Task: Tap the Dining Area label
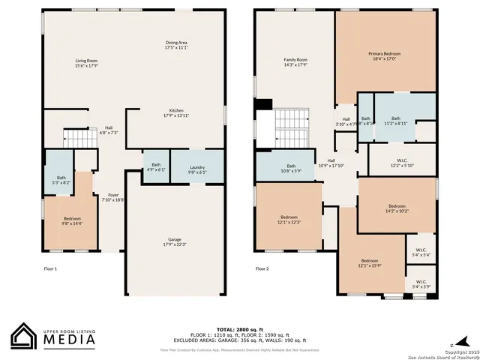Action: coord(176,45)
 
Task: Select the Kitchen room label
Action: coord(176,113)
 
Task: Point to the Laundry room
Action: coord(197,169)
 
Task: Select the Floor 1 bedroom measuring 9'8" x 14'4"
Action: coord(71,220)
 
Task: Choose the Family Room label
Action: coord(295,62)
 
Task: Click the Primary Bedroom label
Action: coord(384,56)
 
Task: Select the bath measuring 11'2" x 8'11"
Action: coord(395,121)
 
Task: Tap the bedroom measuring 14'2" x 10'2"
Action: coord(397,208)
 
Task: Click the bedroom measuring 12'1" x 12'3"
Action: coord(289,220)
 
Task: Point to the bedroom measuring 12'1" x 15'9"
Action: coord(370,263)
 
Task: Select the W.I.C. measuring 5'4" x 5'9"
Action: coord(421,286)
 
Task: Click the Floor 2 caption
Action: coord(262,268)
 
